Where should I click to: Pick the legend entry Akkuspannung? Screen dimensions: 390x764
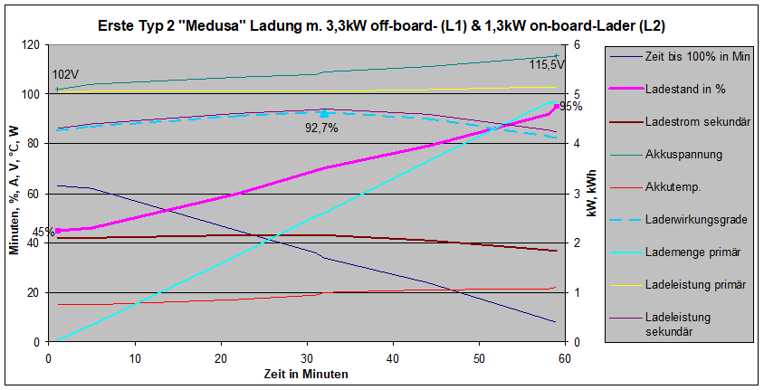pos(684,155)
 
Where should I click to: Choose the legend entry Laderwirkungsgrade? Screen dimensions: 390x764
pos(696,219)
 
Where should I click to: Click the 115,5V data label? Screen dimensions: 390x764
pos(547,64)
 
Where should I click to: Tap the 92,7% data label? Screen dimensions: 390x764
pos(321,128)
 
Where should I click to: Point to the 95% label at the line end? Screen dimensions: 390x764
pos(571,107)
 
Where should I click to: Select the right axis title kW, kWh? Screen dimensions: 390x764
pos(591,194)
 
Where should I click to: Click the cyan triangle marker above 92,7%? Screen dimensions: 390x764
pos(324,114)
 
